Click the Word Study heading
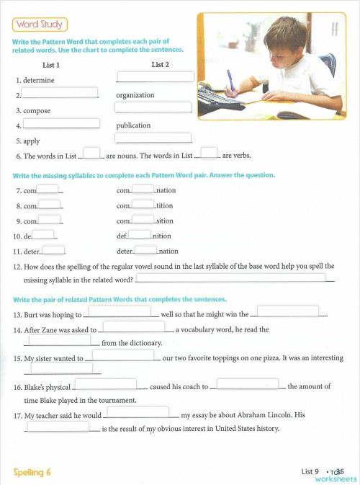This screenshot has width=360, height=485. [x=40, y=25]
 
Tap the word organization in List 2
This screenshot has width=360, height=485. [x=135, y=95]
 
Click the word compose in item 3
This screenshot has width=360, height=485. [x=37, y=111]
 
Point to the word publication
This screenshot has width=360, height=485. [x=133, y=125]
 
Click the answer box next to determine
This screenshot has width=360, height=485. [x=155, y=76]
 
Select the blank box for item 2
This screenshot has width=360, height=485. [x=60, y=92]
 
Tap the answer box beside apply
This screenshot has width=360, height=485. [x=153, y=138]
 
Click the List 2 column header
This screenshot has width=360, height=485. [x=161, y=65]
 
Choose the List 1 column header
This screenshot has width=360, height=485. [x=51, y=65]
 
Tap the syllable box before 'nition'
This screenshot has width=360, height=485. [x=140, y=234]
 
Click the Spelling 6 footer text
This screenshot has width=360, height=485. [x=32, y=472]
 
